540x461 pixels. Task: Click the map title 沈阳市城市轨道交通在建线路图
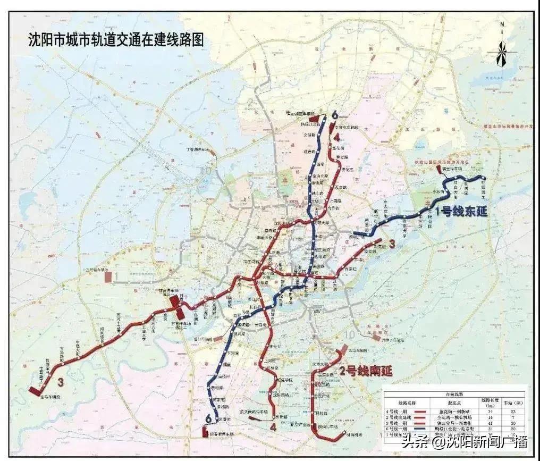[115, 40]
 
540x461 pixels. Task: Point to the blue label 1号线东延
[461, 211]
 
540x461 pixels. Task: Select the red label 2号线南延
[366, 372]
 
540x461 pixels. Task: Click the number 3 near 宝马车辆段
[61, 382]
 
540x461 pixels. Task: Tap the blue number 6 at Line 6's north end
[334, 115]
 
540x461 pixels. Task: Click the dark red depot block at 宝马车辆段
[35, 391]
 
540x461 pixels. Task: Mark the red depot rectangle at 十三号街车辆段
[108, 276]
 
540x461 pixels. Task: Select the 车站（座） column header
[513, 402]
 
